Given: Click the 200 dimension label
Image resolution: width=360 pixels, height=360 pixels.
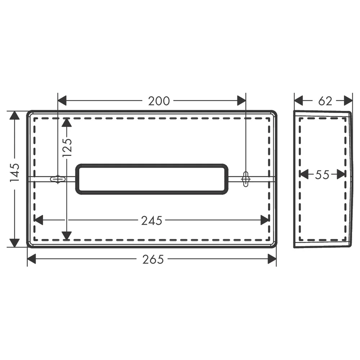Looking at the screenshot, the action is [x=159, y=101].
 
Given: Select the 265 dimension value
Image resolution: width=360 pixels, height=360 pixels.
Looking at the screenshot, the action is [x=153, y=260].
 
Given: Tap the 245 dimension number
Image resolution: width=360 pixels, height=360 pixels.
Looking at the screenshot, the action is [x=152, y=221].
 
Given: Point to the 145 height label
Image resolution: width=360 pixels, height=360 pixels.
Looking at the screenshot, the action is [x=15, y=173].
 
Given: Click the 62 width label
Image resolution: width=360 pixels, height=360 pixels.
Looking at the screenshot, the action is [x=325, y=101].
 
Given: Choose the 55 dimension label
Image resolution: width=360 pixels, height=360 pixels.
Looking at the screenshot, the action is [x=322, y=175].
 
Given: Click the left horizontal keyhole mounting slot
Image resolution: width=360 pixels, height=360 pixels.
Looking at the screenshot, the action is [x=58, y=179].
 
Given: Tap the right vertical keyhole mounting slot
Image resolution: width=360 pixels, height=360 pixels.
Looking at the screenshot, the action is [x=246, y=179].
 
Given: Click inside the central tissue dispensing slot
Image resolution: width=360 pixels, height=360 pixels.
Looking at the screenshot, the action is [x=152, y=179].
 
